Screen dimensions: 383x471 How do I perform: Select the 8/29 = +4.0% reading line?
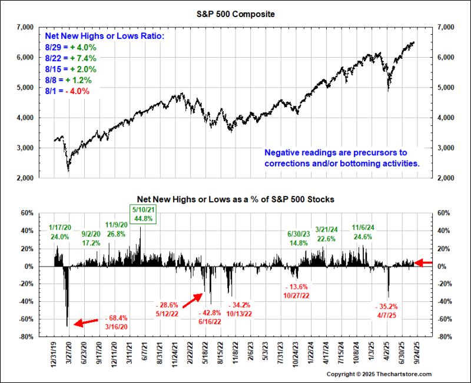(71, 47)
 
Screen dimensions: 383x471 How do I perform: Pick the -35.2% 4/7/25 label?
(387, 311)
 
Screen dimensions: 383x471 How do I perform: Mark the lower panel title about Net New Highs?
(235, 199)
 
